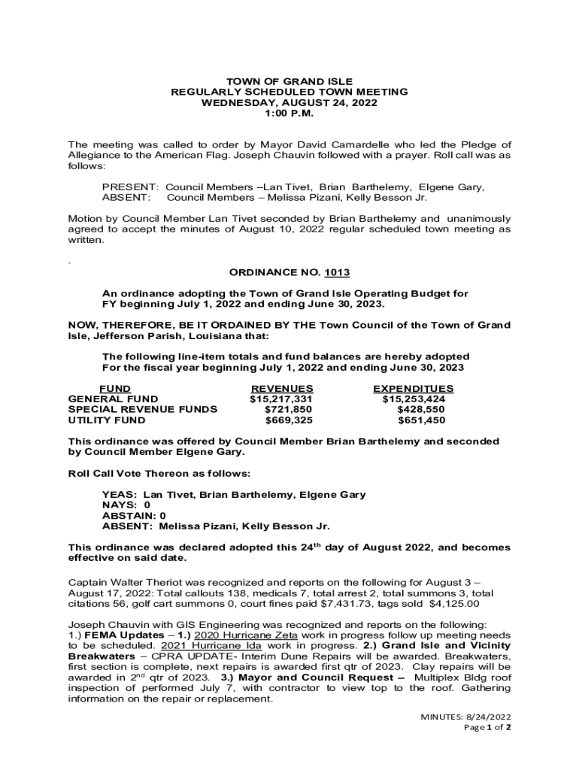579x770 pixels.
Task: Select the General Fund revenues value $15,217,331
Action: [x=281, y=399]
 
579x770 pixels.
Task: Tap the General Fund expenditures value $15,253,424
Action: [x=414, y=399]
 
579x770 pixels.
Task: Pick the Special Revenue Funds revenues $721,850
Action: [x=288, y=410]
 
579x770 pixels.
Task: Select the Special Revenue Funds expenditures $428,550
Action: [x=421, y=410]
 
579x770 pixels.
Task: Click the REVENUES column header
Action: [x=281, y=389]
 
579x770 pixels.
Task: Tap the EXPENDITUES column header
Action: [x=414, y=389]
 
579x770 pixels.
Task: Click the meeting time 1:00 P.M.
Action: [x=289, y=113]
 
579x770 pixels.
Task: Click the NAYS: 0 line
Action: [x=126, y=505]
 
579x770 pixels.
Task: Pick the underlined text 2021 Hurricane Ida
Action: [x=214, y=646]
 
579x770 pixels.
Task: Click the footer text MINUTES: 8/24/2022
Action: [x=466, y=717]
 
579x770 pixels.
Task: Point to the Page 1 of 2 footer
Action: [x=488, y=728]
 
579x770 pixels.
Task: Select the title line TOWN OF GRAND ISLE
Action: [x=289, y=81]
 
